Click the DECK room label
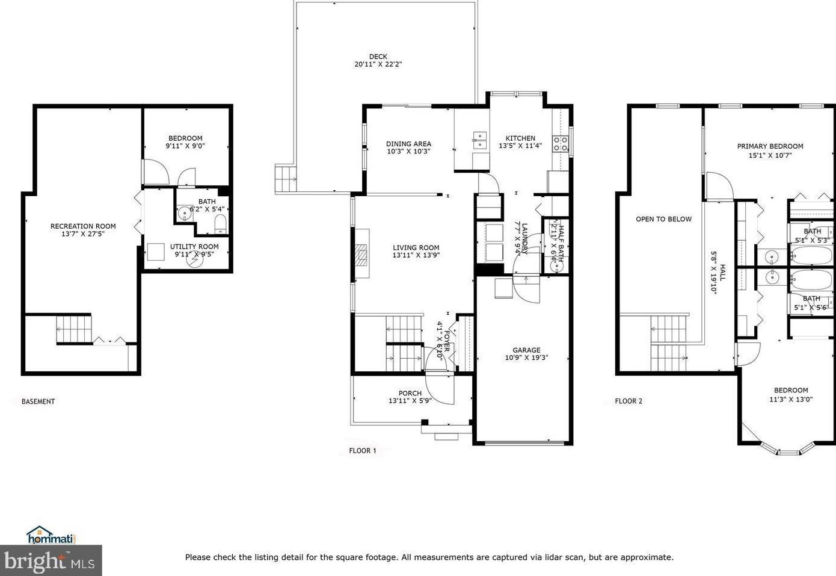point(378,57)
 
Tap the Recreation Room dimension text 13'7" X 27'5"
point(83,234)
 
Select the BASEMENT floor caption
point(38,401)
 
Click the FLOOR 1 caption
point(363,451)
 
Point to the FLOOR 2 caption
point(629,401)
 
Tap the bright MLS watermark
point(51,560)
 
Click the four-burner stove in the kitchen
point(560,144)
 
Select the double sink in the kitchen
point(479,140)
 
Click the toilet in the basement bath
point(221,224)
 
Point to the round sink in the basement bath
point(184,213)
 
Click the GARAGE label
point(526,350)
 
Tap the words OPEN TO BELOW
point(663,219)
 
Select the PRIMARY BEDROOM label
point(770,146)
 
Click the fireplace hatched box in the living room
point(361,255)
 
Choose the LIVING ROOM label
point(416,247)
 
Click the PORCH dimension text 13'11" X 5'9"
point(410,401)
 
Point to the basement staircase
point(74,329)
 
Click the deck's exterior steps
point(286,179)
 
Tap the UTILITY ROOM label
point(194,247)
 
